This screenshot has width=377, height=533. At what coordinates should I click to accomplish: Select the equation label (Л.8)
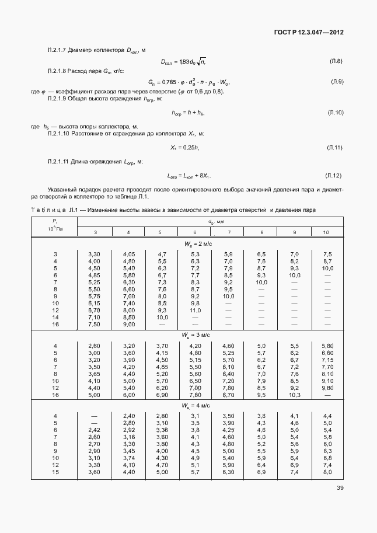pos(336,61)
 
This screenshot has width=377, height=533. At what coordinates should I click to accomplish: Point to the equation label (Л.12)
pos(333,175)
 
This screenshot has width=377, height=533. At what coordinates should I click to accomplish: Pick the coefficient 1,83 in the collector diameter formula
pos(186,61)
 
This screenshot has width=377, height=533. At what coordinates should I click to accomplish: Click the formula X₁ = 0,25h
pos(184,148)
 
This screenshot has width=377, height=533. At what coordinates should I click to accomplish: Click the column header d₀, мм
pos(211,222)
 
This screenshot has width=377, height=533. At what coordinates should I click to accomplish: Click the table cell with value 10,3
pos(294,395)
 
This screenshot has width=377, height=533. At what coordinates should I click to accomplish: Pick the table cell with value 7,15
pos(327,360)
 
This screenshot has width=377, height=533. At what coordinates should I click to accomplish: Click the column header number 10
pos(327,233)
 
